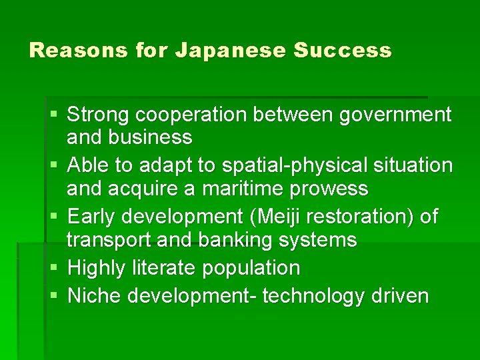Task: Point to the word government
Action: tap(395, 115)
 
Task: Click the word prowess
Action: tap(329, 189)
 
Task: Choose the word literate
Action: tap(168, 268)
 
